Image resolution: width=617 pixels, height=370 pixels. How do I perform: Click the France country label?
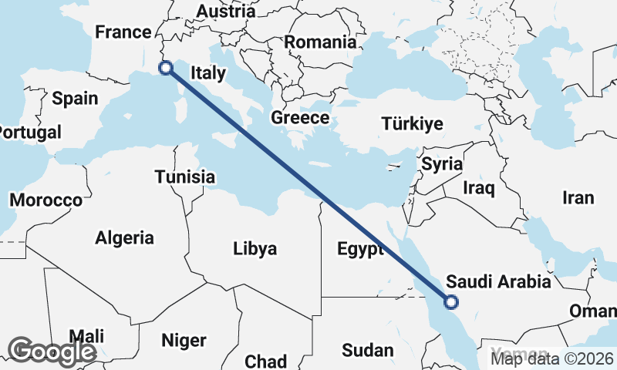122,32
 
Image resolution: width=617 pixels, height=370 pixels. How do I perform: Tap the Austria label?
226,12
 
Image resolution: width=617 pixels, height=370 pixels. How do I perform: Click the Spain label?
75,99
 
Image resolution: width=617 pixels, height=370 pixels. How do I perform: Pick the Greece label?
300,119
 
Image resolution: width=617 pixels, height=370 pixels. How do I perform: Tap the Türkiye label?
413,124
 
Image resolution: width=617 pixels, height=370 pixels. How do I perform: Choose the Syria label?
442,164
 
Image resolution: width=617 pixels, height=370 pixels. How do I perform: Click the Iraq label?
478,187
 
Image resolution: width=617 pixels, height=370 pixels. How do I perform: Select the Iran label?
578,198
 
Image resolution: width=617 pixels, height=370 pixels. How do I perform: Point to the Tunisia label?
184,177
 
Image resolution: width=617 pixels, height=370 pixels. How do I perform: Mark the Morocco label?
46,200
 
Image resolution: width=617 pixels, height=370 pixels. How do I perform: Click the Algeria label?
124,238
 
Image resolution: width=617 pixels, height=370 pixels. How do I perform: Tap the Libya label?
255,249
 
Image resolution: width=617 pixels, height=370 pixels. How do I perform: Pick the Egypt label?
360,250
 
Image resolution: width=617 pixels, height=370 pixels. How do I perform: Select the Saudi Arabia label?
499,281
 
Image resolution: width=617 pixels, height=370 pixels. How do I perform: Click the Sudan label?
367,351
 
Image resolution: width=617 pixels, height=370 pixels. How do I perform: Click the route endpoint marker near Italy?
165,68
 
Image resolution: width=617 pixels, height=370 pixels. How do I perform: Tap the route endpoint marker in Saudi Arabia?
451,303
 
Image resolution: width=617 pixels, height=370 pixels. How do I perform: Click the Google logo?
52,351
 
